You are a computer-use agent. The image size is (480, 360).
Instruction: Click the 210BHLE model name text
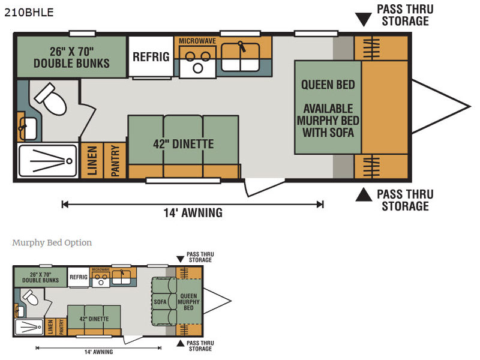pyautogui.click(x=29, y=12)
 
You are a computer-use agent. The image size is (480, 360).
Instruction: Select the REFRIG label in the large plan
pyautogui.click(x=151, y=56)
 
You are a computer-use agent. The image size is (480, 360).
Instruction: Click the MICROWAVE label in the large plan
pyautogui.click(x=197, y=41)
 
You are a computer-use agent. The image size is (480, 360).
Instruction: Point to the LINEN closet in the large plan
pyautogui.click(x=92, y=160)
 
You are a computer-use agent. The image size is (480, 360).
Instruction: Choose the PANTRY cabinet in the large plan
pyautogui.click(x=115, y=160)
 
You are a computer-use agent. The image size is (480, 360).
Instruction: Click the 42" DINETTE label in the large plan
pyautogui.click(x=184, y=144)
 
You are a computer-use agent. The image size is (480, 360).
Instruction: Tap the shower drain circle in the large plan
pyautogui.click(x=69, y=161)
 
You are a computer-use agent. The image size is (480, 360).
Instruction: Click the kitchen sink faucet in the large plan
pyautogui.click(x=242, y=46)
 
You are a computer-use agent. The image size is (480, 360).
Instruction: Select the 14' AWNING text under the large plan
pyautogui.click(x=193, y=212)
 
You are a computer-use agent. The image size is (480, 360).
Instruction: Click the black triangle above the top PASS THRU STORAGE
pyautogui.click(x=364, y=20)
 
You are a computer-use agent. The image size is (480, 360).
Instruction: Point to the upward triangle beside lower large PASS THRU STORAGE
pyautogui.click(x=364, y=194)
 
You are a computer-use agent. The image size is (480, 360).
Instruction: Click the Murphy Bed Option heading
pyautogui.click(x=52, y=242)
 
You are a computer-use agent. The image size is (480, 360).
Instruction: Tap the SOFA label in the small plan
pyautogui.click(x=160, y=302)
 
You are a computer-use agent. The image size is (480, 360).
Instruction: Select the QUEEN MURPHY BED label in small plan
pyautogui.click(x=188, y=302)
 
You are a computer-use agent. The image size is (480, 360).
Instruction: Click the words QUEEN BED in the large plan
pyautogui.click(x=328, y=85)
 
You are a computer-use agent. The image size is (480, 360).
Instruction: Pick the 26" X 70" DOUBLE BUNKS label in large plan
pyautogui.click(x=71, y=57)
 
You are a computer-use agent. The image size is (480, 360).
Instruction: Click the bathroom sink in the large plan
pyautogui.click(x=27, y=128)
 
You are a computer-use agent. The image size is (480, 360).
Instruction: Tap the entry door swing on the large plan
pyautogui.click(x=263, y=187)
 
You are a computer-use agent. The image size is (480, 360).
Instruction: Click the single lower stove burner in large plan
pyautogui.click(x=198, y=68)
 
